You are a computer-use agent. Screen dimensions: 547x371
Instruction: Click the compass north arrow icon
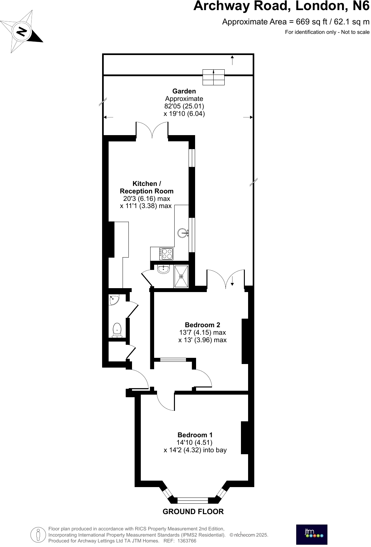click(x=22, y=32)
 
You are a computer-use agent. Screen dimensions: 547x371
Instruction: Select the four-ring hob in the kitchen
click(x=166, y=254)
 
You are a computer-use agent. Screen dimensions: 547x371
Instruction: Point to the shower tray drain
click(x=181, y=276)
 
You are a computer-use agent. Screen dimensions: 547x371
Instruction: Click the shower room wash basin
click(x=163, y=269)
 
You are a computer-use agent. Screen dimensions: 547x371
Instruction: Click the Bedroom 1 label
click(x=195, y=435)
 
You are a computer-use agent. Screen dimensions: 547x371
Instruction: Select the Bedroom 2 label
click(x=202, y=325)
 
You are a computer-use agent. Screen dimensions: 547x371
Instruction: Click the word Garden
click(x=184, y=91)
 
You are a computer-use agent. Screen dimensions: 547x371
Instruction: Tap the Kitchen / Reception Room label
click(x=147, y=188)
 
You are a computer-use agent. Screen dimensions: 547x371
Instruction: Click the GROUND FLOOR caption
click(x=193, y=512)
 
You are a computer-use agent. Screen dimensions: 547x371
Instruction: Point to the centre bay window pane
click(x=192, y=500)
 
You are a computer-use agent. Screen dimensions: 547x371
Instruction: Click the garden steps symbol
click(x=213, y=77)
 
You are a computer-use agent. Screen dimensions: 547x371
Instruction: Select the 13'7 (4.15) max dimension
click(x=202, y=332)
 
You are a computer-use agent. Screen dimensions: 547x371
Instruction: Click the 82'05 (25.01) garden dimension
click(x=184, y=106)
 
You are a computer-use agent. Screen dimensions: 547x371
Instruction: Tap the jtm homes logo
click(x=311, y=534)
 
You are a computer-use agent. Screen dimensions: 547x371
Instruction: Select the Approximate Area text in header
click(x=296, y=22)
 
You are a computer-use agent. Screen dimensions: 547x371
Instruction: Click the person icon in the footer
click(x=38, y=535)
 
